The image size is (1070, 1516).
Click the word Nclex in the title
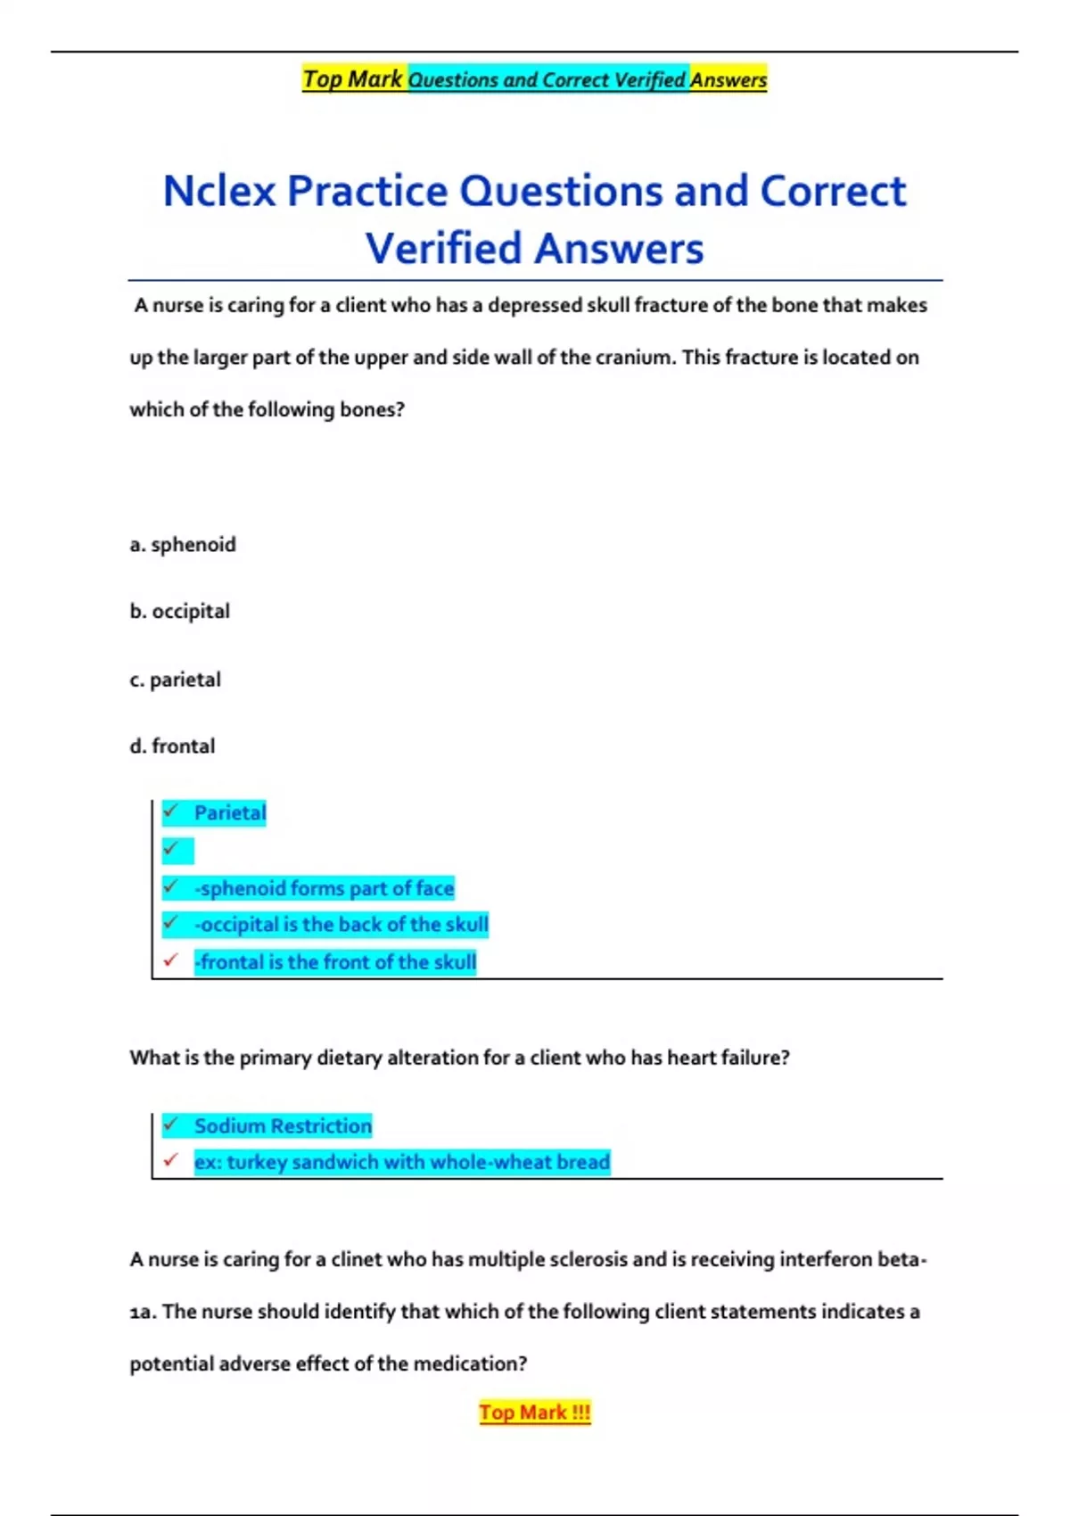pos(219,192)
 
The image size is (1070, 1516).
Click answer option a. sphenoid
pos(183,545)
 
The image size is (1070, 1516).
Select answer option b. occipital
pos(179,612)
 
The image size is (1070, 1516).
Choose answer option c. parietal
pos(175,680)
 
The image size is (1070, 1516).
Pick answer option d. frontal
pos(172,746)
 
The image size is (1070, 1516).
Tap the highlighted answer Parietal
pos(230,813)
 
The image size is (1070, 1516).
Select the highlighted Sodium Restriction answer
pos(283,1126)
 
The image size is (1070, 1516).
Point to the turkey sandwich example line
pos(401,1162)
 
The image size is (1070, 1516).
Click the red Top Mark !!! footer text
pos(534,1413)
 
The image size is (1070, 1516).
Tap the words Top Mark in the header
pos(353,79)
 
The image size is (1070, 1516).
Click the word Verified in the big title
pos(443,249)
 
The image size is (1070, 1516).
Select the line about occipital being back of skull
pos(341,925)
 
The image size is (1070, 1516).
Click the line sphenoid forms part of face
pos(325,888)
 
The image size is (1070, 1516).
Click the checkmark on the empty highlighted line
pos(171,848)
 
